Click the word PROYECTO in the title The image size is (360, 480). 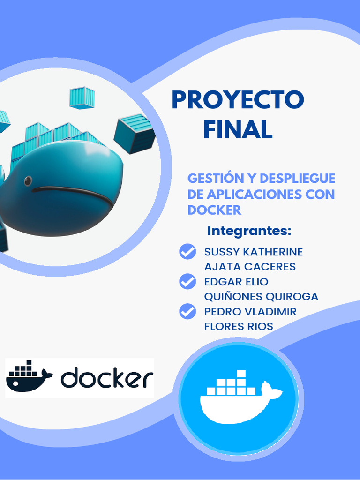pos(238,100)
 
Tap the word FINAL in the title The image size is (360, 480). pos(238,129)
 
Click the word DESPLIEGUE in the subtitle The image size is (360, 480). pos(297,179)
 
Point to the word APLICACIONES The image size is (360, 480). pos(249,194)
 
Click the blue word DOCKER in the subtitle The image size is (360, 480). pos(214,210)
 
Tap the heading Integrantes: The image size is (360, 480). pos(249,231)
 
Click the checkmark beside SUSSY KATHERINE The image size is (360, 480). pos(187,252)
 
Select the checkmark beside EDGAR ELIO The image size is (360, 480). pos(187,282)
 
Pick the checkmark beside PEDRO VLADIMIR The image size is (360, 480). pos(187,311)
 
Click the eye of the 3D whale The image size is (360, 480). pos(28,180)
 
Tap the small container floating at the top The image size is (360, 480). pos(82,98)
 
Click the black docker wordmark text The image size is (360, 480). pos(107,379)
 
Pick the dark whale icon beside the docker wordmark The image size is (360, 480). pos(28,376)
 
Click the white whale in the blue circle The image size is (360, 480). pos(239,398)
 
